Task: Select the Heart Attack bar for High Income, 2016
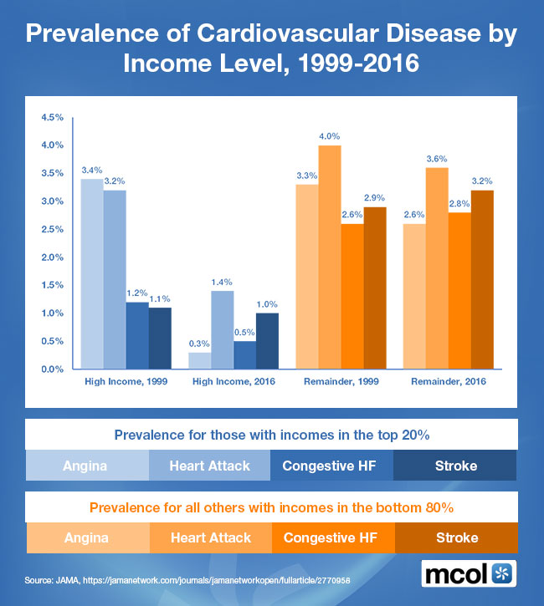tap(223, 330)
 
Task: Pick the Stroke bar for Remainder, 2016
tap(482, 280)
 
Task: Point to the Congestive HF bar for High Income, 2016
tap(245, 355)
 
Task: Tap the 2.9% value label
tap(374, 198)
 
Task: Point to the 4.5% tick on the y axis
tap(53, 117)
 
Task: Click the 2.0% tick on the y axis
tap(53, 257)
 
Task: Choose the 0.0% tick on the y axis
tap(53, 369)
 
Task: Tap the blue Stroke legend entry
tap(454, 466)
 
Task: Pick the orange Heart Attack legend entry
tap(209, 537)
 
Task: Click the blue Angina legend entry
tap(87, 466)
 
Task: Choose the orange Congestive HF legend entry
tap(332, 537)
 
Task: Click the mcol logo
tap(468, 574)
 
